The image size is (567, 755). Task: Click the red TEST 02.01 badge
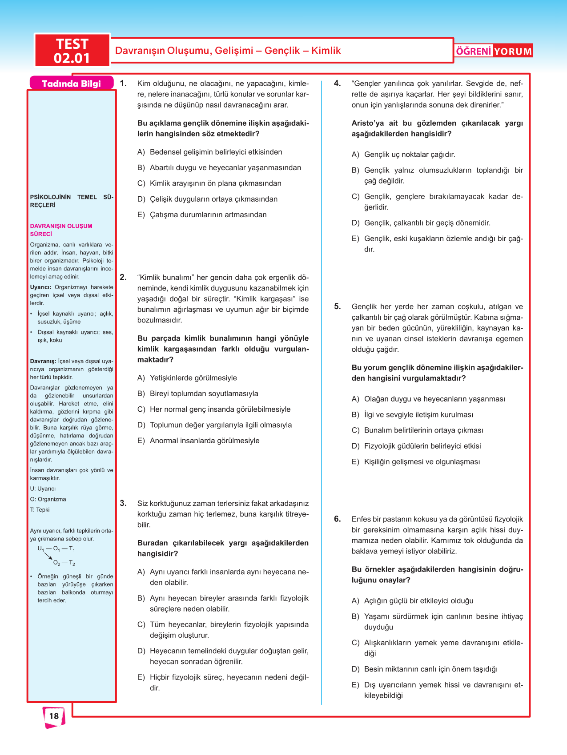pos(72,51)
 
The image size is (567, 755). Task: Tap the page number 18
pos(54,715)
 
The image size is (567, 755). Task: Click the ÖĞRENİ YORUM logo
pos(494,51)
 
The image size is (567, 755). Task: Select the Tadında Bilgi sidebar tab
pos(71,83)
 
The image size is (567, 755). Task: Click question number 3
pos(123,503)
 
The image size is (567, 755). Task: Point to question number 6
pos(338,519)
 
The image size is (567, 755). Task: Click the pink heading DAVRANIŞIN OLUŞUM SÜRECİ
pos(61,230)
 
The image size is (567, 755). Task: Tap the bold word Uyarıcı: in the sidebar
pos(40,287)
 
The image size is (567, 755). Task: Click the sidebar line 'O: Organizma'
pos(48,499)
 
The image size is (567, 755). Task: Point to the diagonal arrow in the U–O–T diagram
pos(48,556)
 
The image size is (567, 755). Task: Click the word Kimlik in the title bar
pos(326,51)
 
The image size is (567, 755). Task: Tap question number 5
pos(338,306)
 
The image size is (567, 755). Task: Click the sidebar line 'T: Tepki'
pos(40,509)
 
